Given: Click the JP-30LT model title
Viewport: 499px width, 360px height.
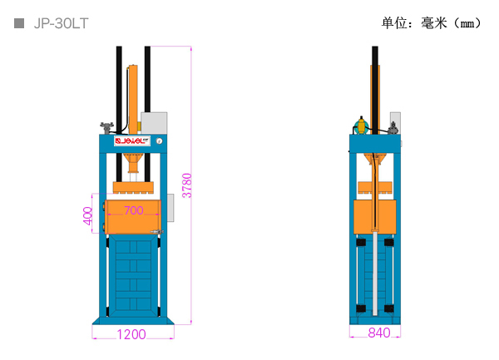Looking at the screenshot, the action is (61, 23).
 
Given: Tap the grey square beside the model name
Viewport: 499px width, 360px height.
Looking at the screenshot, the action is (19, 23).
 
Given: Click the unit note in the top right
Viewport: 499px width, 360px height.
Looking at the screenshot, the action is (431, 23).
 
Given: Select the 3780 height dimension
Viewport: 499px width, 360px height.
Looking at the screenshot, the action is (187, 185).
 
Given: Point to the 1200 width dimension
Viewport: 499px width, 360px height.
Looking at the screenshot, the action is (131, 334).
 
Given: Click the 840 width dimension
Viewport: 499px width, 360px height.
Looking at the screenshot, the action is (379, 333).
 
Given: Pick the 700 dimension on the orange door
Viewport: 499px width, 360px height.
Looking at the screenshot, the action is (134, 210).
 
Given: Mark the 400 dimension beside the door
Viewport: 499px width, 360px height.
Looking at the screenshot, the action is (87, 216).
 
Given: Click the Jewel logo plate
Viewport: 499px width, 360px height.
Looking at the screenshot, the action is (132, 141).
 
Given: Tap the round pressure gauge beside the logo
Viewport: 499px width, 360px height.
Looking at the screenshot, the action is (159, 141).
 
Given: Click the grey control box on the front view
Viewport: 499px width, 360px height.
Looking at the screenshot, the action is (154, 123).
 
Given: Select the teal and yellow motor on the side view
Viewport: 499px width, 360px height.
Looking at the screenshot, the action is (362, 126).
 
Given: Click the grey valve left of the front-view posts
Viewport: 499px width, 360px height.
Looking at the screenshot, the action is (106, 127).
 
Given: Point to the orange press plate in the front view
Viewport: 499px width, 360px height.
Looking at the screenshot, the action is (133, 188).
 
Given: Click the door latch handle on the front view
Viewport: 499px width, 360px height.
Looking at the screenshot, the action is (156, 232).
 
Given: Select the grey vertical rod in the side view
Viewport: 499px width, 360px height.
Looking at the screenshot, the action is (375, 274).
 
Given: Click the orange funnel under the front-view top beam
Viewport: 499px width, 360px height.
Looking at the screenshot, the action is (134, 163).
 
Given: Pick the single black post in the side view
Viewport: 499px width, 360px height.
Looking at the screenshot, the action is (375, 90).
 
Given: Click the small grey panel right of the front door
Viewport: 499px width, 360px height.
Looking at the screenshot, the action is (170, 208).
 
